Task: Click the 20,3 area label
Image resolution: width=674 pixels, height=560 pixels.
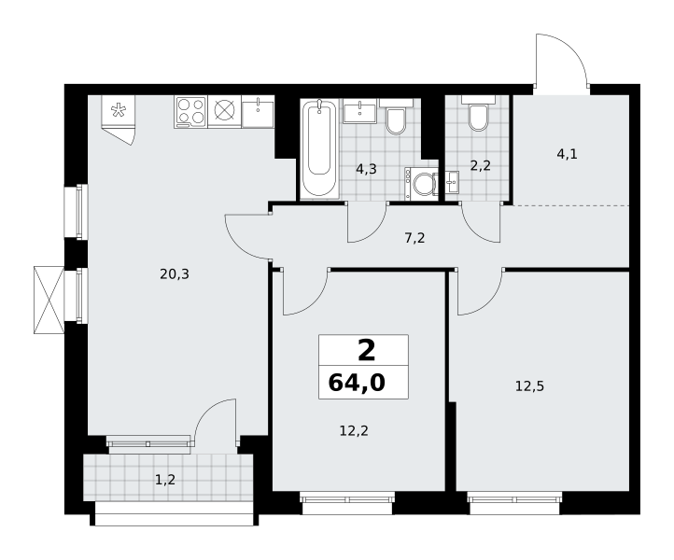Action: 175,273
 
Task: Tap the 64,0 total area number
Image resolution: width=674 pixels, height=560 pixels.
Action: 357,383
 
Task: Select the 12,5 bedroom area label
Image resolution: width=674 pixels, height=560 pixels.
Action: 529,386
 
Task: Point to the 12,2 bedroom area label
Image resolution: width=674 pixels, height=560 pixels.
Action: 354,430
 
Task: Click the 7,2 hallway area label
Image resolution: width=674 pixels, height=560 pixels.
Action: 414,238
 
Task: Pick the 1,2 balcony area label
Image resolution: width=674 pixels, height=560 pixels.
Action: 165,480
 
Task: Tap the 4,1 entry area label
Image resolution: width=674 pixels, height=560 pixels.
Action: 568,154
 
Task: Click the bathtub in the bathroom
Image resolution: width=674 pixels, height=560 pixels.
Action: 319,148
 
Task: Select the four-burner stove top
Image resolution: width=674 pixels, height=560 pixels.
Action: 190,112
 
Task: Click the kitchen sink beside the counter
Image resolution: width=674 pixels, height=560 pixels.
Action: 258,111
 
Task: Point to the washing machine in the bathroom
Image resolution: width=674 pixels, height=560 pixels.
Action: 421,184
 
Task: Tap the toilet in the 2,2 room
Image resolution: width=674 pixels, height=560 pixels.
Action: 478,114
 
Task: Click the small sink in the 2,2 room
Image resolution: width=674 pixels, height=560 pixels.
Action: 452,182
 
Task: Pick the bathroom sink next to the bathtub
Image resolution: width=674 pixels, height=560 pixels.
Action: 359,111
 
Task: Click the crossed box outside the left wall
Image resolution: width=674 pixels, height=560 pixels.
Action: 49,300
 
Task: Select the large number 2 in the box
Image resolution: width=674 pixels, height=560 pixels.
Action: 367,350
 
